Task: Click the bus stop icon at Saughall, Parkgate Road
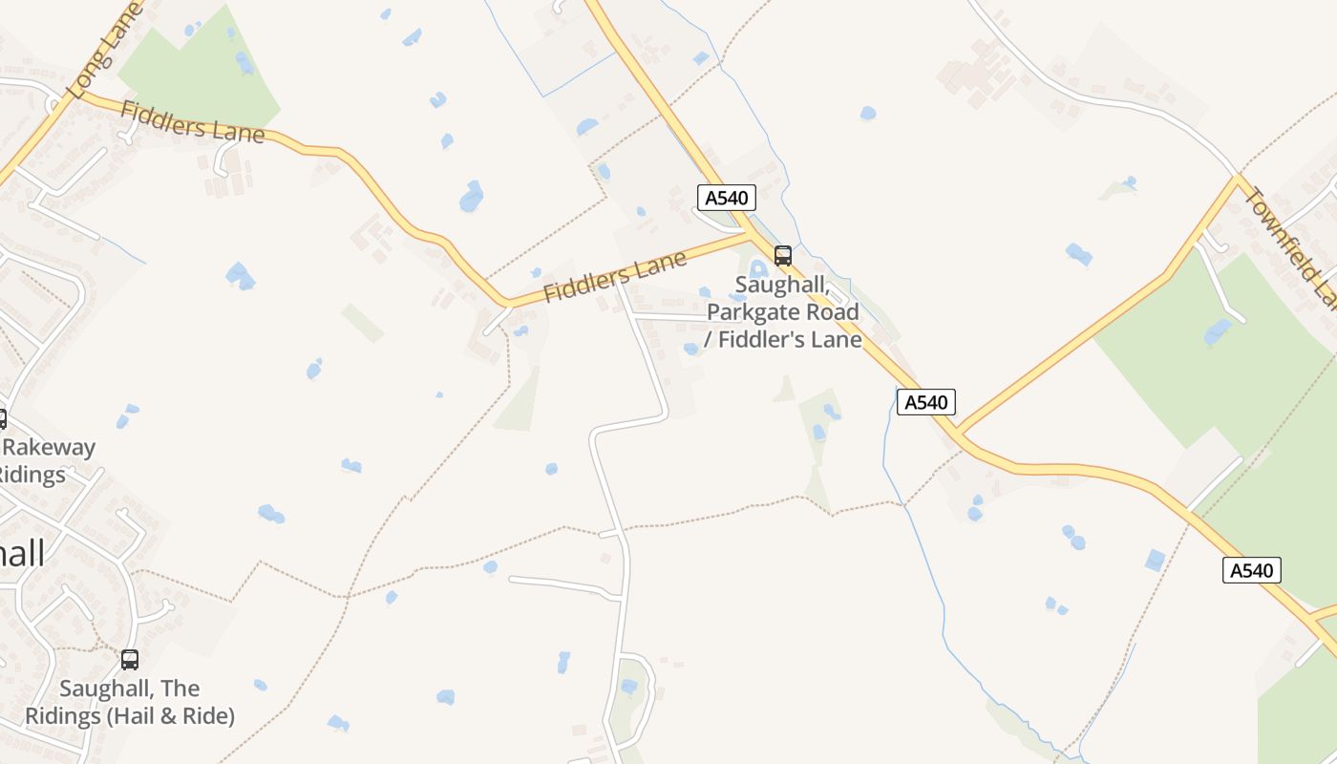[783, 255]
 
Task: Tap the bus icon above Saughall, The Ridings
[130, 659]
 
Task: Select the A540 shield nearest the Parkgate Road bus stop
[727, 198]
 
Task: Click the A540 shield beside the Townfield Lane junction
[925, 402]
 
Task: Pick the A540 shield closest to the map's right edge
[1251, 570]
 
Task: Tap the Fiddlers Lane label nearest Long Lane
[192, 122]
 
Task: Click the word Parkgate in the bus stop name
[751, 312]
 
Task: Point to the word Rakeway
[51, 447]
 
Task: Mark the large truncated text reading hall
[21, 553]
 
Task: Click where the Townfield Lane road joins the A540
[960, 435]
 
